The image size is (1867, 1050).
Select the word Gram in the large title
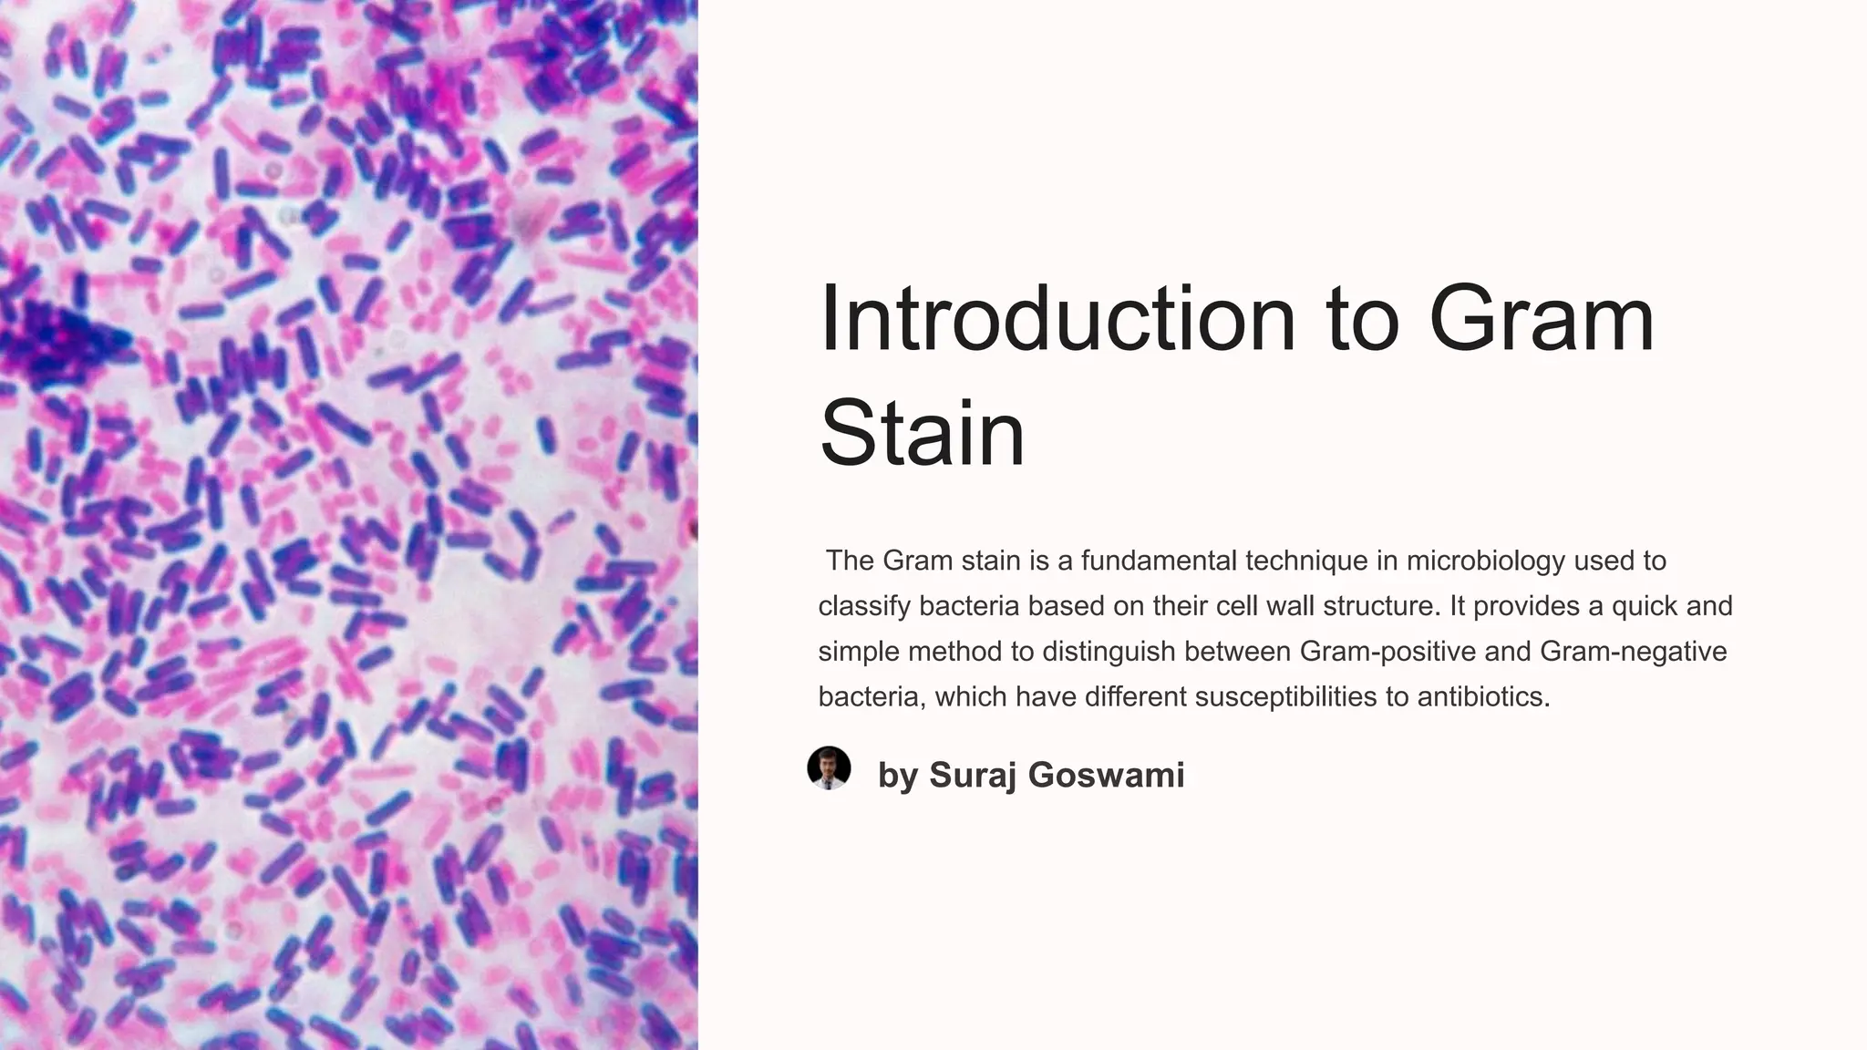(x=1541, y=319)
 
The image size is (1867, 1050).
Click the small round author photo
(x=829, y=767)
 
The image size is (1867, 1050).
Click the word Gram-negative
(x=1633, y=652)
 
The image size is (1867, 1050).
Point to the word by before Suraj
(x=897, y=776)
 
